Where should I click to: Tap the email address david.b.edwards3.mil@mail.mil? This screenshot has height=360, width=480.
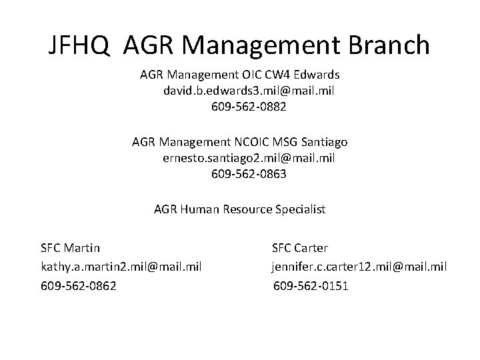click(x=249, y=91)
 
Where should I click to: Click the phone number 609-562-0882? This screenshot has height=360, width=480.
click(x=249, y=107)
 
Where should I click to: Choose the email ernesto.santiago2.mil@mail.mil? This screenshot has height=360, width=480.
click(x=249, y=158)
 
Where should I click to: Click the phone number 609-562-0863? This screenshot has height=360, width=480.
click(x=249, y=174)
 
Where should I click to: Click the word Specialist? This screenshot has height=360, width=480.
click(x=299, y=209)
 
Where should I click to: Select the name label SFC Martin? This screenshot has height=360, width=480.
click(x=70, y=248)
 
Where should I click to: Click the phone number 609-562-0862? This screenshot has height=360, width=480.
click(x=78, y=286)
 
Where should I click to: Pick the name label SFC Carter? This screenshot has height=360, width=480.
click(x=300, y=248)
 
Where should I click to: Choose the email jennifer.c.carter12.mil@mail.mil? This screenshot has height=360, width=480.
click(x=359, y=267)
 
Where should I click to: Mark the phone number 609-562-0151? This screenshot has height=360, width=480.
click(x=311, y=286)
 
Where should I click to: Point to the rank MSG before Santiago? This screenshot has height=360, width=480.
click(x=286, y=142)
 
